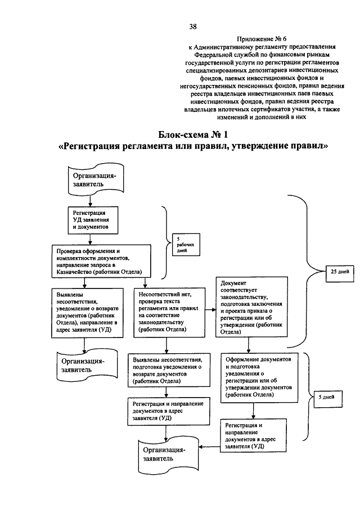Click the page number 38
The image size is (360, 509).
click(x=193, y=26)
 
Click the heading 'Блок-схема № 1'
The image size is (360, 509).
click(x=193, y=134)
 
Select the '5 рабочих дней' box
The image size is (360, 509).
click(x=186, y=245)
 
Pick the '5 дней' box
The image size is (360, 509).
click(x=328, y=398)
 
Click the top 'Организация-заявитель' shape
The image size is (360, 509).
click(x=96, y=180)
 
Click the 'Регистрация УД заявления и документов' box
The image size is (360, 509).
click(x=93, y=220)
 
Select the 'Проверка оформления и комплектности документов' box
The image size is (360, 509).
click(x=101, y=262)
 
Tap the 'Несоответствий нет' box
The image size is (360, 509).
click(x=169, y=312)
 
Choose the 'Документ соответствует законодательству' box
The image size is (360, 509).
click(x=252, y=307)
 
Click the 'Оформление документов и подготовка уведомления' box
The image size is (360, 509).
click(x=259, y=377)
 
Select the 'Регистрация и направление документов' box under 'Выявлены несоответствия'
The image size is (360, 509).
click(x=169, y=411)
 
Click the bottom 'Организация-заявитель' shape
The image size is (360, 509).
click(x=169, y=455)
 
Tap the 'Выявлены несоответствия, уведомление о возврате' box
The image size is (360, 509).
click(x=87, y=313)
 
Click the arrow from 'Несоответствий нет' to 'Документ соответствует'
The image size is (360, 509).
click(x=210, y=310)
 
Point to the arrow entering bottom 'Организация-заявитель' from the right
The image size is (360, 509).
click(x=210, y=447)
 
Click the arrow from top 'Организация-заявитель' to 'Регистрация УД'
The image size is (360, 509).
click(x=91, y=201)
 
